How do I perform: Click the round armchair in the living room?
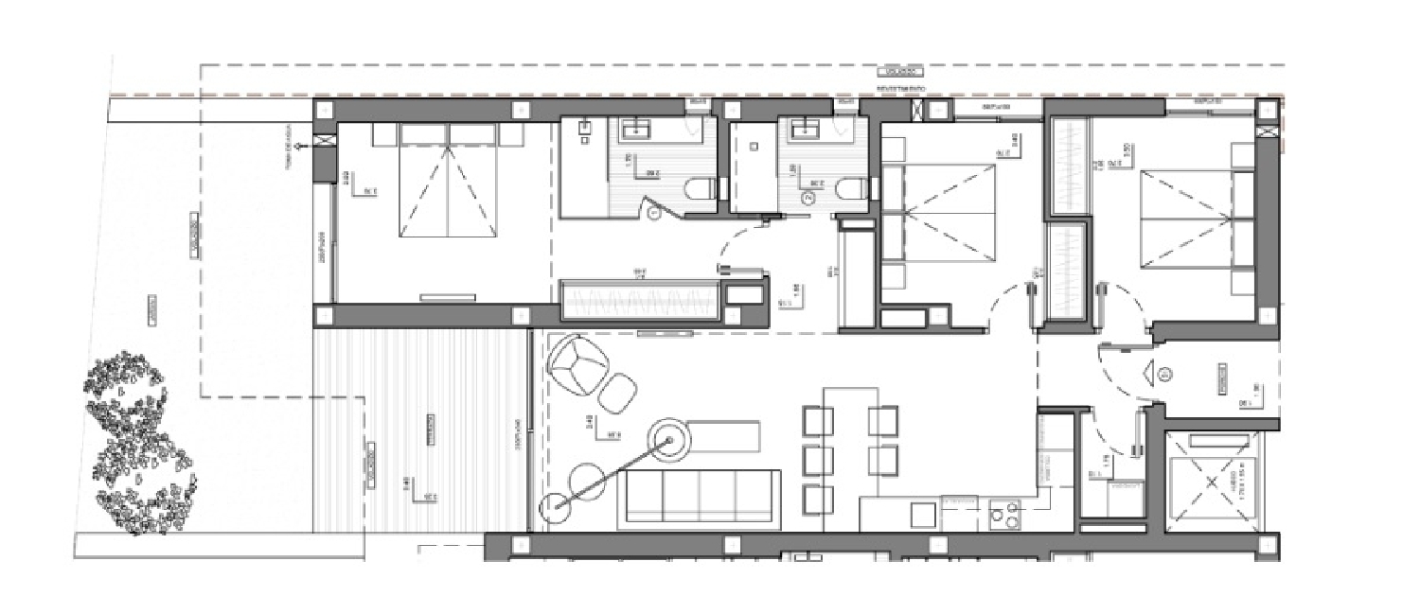(579, 364)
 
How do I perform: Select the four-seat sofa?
(701, 499)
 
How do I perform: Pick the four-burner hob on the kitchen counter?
(1003, 516)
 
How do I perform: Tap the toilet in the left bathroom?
(699, 189)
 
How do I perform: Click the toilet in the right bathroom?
(850, 189)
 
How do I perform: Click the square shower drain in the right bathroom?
(754, 147)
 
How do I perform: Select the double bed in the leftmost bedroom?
(449, 184)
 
